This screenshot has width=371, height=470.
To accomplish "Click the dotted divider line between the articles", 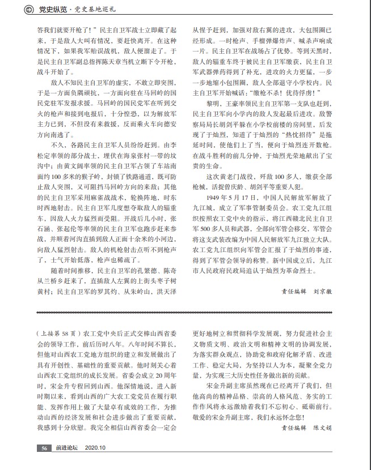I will [x=185, y=313].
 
